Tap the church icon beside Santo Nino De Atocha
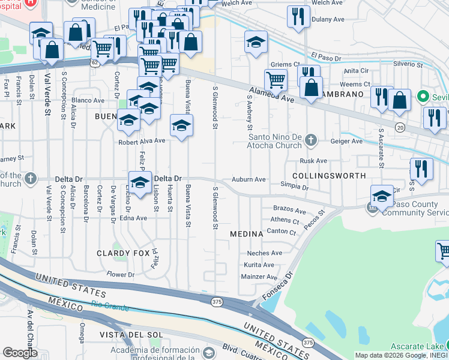pyautogui.click(x=310, y=140)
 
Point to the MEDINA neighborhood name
pyautogui.click(x=246, y=233)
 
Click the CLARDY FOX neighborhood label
pyautogui.click(x=123, y=253)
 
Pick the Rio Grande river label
pyautogui.click(x=110, y=307)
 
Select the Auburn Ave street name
pyautogui.click(x=249, y=179)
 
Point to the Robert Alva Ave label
pyautogui.click(x=141, y=141)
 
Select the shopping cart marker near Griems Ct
pyautogui.click(x=276, y=79)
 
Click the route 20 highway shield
pyautogui.click(x=400, y=127)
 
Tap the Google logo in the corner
pyautogui.click(x=20, y=353)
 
